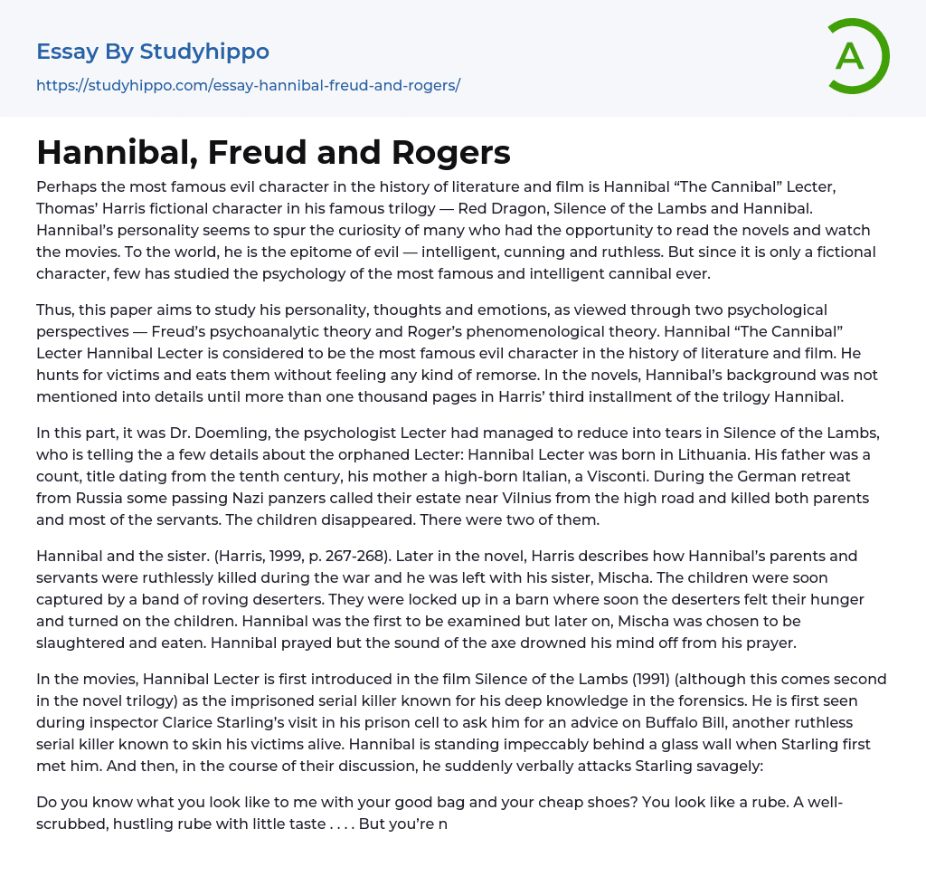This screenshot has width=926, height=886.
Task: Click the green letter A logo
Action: [x=857, y=56]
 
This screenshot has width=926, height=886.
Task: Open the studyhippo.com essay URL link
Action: [x=248, y=85]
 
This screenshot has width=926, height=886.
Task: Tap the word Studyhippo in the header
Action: [x=204, y=52]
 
